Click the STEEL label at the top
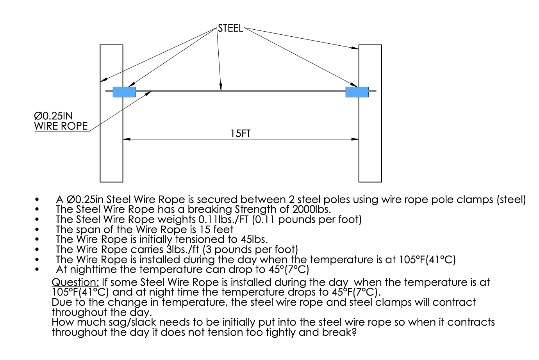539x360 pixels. pyautogui.click(x=230, y=29)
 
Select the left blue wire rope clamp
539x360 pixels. pyautogui.click(x=124, y=92)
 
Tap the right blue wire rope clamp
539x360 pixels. pyautogui.click(x=357, y=92)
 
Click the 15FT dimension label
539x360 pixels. pyautogui.click(x=240, y=134)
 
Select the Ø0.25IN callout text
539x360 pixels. pyautogui.click(x=53, y=116)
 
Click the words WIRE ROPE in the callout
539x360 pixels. pyautogui.click(x=61, y=126)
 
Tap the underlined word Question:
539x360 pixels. pyautogui.click(x=75, y=282)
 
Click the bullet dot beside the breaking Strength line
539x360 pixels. pyautogui.click(x=37, y=210)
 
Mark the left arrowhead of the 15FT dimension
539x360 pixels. pyautogui.click(x=126, y=139)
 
